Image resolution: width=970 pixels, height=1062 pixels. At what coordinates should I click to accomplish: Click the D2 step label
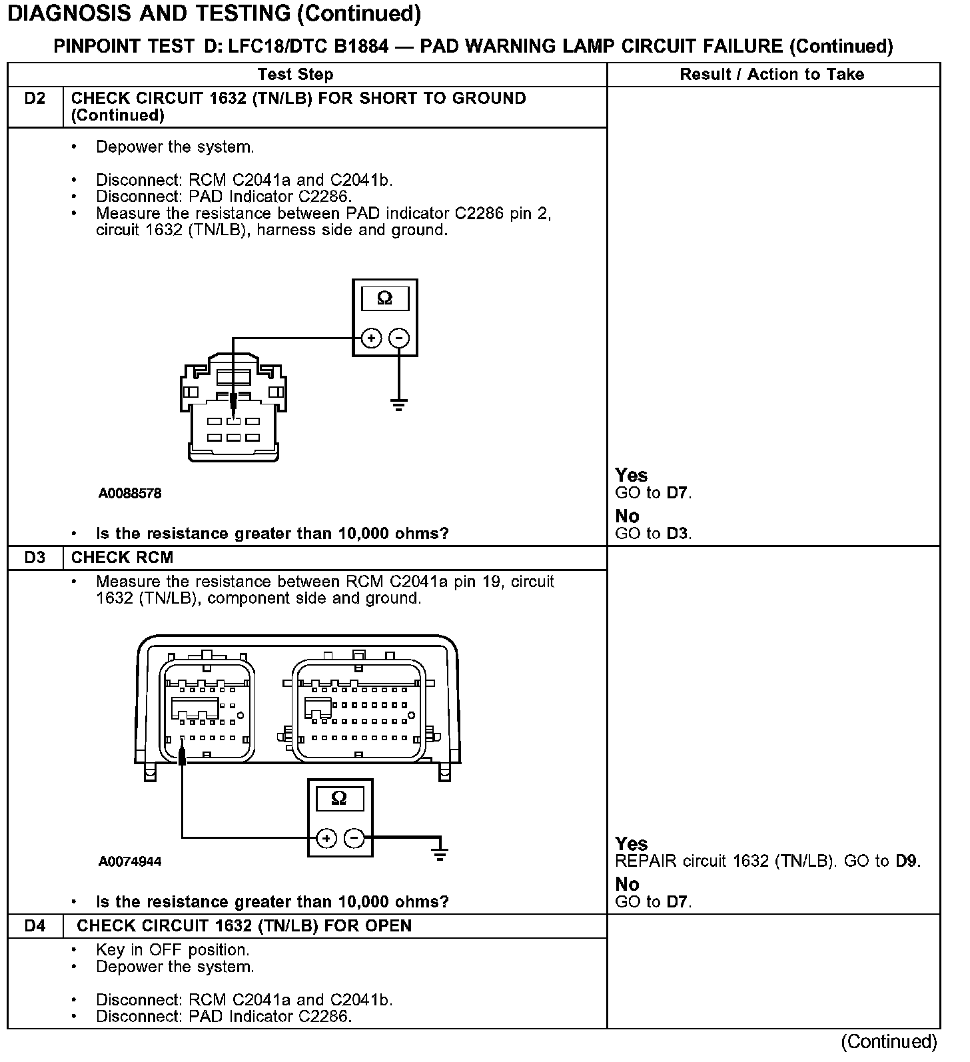[x=35, y=99]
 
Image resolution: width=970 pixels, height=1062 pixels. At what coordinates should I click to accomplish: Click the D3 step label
[x=35, y=558]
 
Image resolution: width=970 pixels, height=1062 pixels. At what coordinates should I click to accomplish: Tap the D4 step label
[x=35, y=926]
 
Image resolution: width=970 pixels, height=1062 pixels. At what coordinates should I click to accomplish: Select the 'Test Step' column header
[x=295, y=75]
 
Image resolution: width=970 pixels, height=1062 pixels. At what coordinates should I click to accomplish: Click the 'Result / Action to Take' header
[x=771, y=75]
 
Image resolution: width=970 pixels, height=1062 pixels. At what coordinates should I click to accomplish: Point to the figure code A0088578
[x=130, y=494]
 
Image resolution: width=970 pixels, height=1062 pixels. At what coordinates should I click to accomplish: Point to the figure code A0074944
[x=130, y=861]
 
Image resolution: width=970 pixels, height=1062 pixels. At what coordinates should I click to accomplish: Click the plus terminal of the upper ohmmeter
[x=370, y=338]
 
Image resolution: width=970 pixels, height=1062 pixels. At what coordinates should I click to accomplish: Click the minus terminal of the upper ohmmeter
[x=398, y=338]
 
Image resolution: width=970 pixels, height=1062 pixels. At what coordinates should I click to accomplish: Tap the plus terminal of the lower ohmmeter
[x=326, y=838]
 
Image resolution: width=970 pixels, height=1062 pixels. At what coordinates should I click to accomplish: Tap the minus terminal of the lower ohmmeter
[x=354, y=838]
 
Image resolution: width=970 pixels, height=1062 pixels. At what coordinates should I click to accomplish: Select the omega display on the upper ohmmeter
[x=384, y=298]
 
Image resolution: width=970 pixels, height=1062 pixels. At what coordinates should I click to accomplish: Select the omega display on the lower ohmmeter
[x=338, y=797]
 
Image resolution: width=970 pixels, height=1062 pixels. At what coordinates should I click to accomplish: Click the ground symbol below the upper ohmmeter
[x=398, y=404]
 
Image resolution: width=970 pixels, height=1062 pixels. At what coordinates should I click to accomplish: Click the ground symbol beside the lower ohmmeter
[x=440, y=853]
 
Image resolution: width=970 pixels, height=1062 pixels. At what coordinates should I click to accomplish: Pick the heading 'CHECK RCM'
[x=122, y=558]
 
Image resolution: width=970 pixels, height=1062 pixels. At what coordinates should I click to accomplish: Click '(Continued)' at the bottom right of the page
[x=889, y=1041]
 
